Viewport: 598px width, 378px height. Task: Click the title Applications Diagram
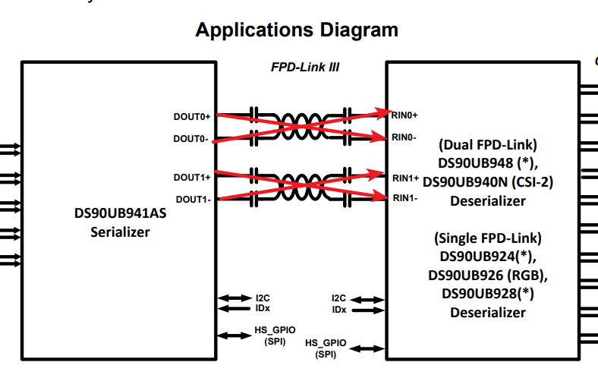(x=297, y=30)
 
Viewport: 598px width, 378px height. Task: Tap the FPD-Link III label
(x=304, y=68)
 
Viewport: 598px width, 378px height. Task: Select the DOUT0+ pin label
(x=191, y=117)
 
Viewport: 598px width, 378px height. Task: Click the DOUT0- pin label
(x=191, y=139)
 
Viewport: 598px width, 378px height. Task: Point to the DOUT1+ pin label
(x=191, y=178)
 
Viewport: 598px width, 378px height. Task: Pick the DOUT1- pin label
(x=193, y=199)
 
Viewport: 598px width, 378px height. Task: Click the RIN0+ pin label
(x=405, y=115)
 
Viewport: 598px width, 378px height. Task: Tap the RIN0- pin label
(x=404, y=137)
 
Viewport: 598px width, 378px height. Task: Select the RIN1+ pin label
(x=405, y=178)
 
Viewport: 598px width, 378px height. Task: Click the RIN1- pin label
(x=404, y=198)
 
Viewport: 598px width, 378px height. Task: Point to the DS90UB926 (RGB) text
(x=488, y=274)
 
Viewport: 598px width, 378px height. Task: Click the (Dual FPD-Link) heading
(x=488, y=144)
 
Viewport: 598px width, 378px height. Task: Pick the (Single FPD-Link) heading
(x=488, y=237)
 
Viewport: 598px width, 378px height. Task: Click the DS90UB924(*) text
(x=488, y=256)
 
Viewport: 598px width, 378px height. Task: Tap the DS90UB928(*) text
(x=488, y=293)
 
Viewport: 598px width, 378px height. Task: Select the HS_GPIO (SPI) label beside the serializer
(x=275, y=335)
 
